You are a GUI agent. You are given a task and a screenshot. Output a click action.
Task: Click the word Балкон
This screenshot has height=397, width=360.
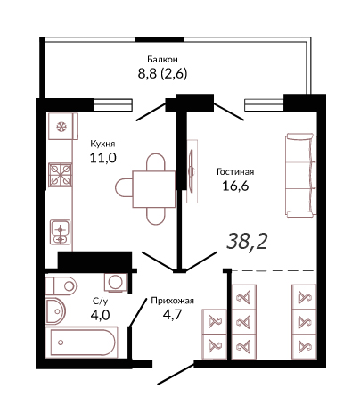(162, 60)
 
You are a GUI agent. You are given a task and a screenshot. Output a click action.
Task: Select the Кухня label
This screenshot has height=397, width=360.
(102, 144)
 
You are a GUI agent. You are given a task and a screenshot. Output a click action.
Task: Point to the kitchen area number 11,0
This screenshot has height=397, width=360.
(102, 158)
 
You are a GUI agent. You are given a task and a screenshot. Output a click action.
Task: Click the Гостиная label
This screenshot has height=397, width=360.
(235, 172)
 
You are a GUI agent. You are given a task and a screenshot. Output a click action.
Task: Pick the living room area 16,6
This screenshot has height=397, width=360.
(235, 186)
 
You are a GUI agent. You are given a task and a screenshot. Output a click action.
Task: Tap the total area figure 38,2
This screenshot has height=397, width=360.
(247, 241)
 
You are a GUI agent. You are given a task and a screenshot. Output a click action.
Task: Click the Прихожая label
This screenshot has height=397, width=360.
(172, 301)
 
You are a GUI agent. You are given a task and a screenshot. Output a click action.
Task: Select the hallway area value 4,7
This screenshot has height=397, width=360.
(172, 314)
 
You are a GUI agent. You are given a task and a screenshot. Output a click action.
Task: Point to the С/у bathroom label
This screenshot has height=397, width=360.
(101, 302)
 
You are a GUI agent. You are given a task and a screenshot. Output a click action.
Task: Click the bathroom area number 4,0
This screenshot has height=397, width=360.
(100, 315)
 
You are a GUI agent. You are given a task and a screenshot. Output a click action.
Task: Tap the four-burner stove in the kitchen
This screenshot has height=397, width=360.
(61, 175)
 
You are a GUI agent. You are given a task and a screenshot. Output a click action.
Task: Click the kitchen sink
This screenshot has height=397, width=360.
(61, 232)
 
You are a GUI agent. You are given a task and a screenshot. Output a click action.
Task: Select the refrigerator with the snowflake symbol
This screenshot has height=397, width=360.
(62, 127)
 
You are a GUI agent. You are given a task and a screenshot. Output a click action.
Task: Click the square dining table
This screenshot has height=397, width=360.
(154, 189)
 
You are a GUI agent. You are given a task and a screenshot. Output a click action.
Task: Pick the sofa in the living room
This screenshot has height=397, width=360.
(300, 175)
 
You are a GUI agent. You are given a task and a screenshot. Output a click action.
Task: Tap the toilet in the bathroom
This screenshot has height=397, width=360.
(61, 286)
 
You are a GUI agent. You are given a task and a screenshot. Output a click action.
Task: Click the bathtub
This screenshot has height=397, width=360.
(82, 343)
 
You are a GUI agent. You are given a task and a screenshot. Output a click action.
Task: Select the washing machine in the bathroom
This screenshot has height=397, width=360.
(116, 282)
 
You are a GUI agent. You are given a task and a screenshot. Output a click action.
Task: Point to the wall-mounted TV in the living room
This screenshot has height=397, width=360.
(192, 171)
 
